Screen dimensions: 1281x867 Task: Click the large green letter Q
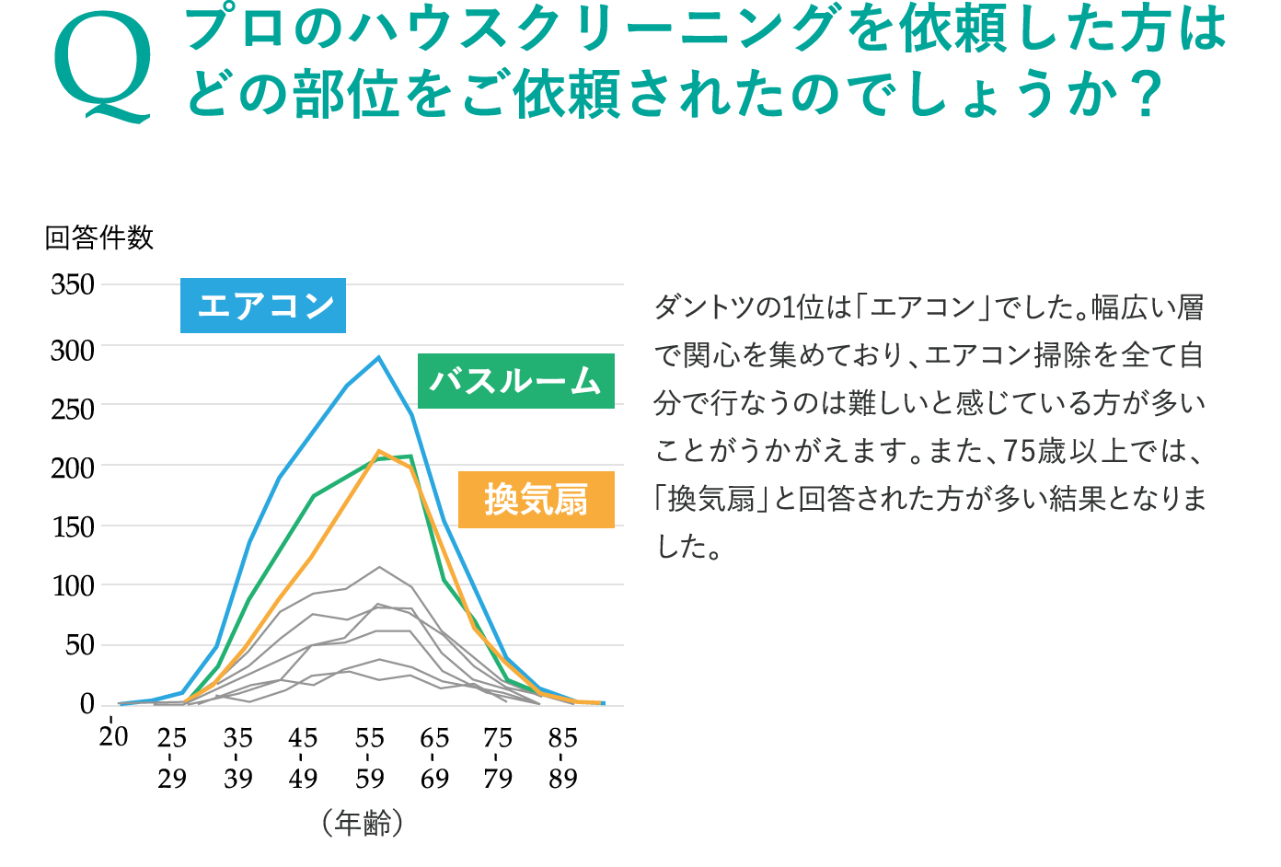(x=103, y=69)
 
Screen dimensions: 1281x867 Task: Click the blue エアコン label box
(x=263, y=306)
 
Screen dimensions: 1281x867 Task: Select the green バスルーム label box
(x=516, y=381)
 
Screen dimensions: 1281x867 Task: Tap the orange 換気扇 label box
(x=537, y=499)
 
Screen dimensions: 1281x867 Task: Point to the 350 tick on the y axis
(x=73, y=284)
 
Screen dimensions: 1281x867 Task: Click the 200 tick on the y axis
(x=73, y=469)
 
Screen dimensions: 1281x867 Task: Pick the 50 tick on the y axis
(x=79, y=645)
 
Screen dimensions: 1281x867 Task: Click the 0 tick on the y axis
(x=87, y=704)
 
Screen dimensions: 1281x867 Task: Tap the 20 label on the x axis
(x=113, y=736)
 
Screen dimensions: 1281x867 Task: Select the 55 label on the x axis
(x=369, y=738)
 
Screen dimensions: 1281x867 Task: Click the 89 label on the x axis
(x=562, y=779)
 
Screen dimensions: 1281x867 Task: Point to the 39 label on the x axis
(x=238, y=779)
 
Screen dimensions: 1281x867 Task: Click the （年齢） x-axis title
(x=363, y=824)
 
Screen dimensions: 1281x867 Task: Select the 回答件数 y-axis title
(x=99, y=237)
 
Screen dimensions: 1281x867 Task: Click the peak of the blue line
(x=378, y=357)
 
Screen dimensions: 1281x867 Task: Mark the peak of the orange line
(x=378, y=451)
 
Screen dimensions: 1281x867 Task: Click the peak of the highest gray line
(x=379, y=567)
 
